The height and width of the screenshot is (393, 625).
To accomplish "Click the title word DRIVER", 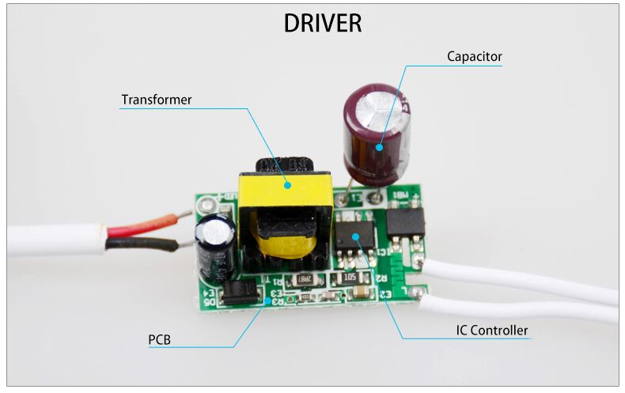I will [322, 23].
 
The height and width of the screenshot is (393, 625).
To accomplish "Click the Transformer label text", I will [156, 100].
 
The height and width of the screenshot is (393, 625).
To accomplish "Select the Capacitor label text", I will [474, 57].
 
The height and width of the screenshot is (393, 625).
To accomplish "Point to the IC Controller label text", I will [491, 331].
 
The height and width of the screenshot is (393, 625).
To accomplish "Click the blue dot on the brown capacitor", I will [380, 146].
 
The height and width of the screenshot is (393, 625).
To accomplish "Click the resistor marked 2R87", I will [303, 279].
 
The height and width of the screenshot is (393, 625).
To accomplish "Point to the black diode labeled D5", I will [237, 294].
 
